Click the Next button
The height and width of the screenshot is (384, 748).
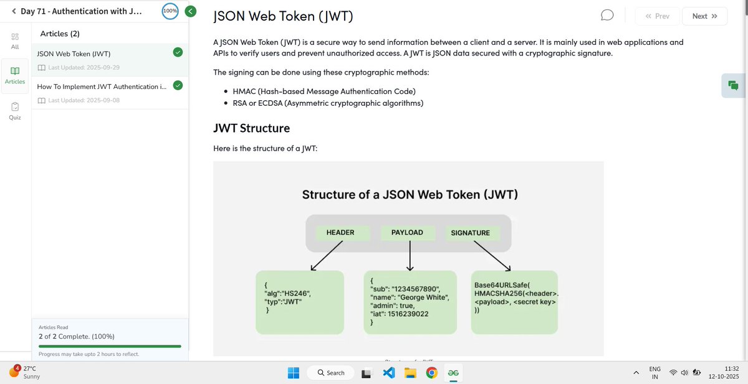click(705, 16)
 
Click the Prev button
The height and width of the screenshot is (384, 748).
click(657, 16)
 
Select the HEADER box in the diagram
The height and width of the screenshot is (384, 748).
click(340, 233)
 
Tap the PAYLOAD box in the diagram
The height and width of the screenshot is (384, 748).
click(407, 233)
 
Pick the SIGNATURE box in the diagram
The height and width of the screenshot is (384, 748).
click(471, 233)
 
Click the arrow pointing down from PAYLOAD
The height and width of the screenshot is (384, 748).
click(410, 256)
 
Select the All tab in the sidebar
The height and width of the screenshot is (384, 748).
click(15, 41)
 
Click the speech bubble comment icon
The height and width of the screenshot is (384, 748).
click(608, 16)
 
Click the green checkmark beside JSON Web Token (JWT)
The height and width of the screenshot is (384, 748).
click(178, 53)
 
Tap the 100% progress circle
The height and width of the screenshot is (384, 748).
click(170, 11)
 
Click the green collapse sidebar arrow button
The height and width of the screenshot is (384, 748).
click(191, 11)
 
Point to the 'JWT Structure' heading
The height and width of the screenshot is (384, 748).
click(251, 129)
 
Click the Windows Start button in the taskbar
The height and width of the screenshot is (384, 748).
click(294, 373)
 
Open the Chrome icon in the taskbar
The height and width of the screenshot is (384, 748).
click(431, 373)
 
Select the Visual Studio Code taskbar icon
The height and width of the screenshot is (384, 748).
click(389, 373)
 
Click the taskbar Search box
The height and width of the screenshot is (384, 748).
click(331, 373)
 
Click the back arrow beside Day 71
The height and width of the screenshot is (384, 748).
click(14, 11)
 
